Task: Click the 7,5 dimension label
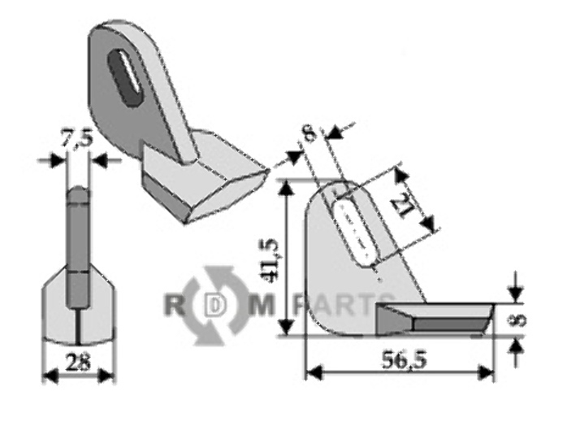77,139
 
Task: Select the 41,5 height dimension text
273,258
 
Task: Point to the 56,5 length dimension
404,360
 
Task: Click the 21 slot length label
409,203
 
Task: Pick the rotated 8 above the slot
310,134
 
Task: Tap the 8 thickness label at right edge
519,320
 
